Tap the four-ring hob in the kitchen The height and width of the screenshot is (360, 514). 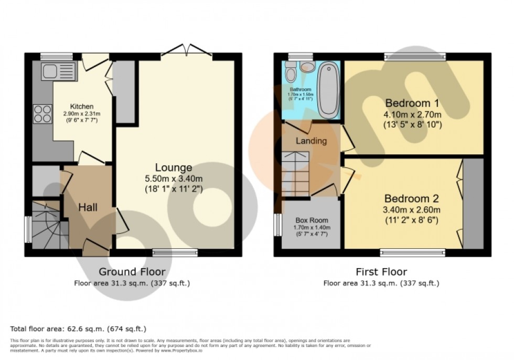click(x=42, y=114)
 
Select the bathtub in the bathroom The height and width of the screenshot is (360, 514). click(x=328, y=89)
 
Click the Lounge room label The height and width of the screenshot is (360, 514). click(x=173, y=168)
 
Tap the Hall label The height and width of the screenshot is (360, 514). click(x=87, y=208)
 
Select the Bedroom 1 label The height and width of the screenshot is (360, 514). click(x=412, y=102)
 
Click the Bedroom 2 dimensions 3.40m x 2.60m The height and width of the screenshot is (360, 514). click(x=412, y=210)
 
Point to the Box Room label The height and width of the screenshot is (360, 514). click(x=312, y=220)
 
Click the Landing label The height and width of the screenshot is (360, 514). click(x=311, y=141)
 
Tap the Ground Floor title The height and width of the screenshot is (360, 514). click(x=132, y=272)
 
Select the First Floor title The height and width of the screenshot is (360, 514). click(x=381, y=272)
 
